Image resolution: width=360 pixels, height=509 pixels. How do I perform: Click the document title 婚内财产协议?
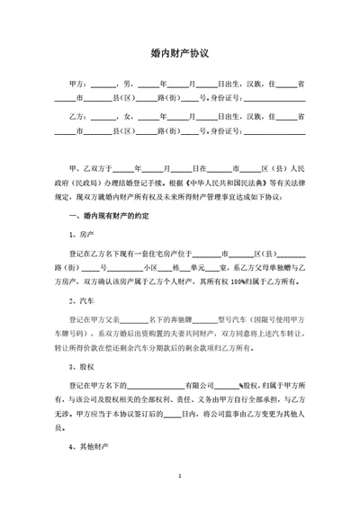coord(180,53)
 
